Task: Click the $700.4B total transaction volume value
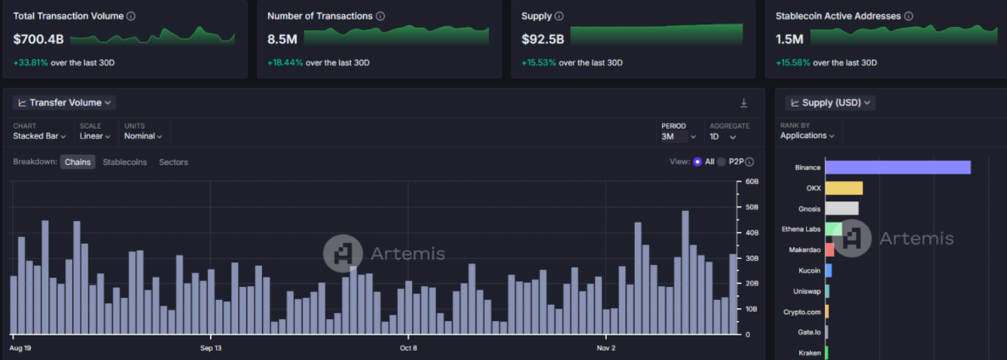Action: click(38, 38)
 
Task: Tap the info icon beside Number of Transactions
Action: click(380, 16)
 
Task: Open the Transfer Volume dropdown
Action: click(65, 102)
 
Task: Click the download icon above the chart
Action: click(743, 103)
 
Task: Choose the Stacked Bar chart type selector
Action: click(39, 136)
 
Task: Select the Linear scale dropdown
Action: click(95, 136)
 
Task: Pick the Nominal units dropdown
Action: click(143, 136)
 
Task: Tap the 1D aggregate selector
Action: click(722, 137)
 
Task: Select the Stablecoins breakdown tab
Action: click(125, 162)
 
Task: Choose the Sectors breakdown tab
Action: click(173, 162)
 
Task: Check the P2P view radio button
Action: click(721, 162)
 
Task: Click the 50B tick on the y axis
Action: click(751, 207)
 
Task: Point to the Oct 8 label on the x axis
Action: click(408, 348)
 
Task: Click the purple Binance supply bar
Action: click(897, 167)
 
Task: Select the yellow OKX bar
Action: click(844, 188)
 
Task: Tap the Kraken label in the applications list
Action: click(810, 352)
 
